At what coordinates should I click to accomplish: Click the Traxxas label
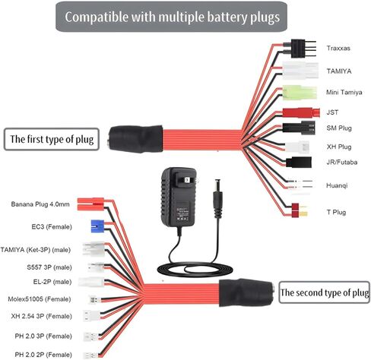tap(338, 48)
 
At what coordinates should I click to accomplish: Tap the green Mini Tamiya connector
tap(300, 93)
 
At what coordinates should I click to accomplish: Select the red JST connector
tap(301, 112)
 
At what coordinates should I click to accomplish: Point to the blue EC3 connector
tap(97, 226)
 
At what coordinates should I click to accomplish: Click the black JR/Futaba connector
tap(299, 162)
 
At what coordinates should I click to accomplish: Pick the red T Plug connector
tap(300, 210)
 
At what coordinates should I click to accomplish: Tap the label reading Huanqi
tap(337, 185)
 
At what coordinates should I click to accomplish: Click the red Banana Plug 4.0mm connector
tap(90, 204)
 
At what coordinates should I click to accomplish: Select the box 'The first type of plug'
tap(52, 139)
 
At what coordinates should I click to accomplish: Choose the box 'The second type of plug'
tap(324, 292)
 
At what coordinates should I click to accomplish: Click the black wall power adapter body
tap(179, 197)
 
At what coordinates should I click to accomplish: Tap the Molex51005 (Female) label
tap(40, 299)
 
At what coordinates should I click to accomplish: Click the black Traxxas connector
tap(300, 49)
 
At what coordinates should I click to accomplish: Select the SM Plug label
tap(339, 128)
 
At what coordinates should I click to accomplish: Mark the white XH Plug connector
tap(297, 147)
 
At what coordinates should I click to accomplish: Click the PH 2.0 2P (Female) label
tap(43, 355)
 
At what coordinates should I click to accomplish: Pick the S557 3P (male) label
tap(49, 267)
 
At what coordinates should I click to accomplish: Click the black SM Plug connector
tap(299, 128)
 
